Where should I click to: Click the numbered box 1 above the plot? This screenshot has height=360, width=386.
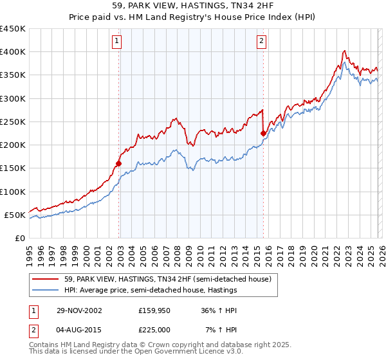coord(117,41)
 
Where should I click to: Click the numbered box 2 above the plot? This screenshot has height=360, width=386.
coord(262,41)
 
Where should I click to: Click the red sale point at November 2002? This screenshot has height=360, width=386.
coord(119,163)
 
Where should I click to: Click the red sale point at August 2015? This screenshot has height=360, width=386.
coord(263,133)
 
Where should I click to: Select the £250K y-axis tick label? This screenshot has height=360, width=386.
coord(13,122)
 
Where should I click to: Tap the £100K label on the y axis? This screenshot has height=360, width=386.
coord(13,192)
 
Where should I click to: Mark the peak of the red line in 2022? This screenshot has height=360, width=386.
coord(345,51)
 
